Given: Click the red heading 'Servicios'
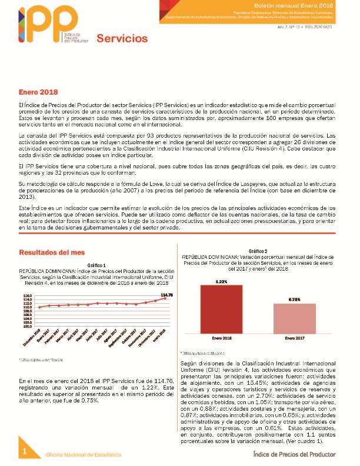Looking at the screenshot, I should click(122, 39).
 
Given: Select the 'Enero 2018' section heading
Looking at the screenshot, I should click(36, 93).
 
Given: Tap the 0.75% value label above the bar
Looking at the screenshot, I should click(294, 300).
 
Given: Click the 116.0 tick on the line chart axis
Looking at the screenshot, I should click(28, 296).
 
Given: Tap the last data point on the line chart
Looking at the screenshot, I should click(165, 298).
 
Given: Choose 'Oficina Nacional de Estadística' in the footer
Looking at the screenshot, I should click(84, 455).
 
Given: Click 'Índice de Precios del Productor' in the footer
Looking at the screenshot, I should click(294, 454).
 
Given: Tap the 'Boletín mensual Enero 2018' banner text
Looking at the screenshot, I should click(306, 5).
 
